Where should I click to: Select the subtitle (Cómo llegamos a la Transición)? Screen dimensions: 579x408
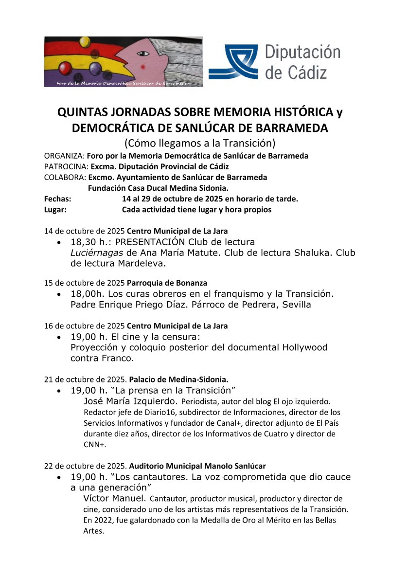(x=200, y=143)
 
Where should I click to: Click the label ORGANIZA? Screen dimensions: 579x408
(x=64, y=156)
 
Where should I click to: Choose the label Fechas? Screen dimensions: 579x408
(x=57, y=199)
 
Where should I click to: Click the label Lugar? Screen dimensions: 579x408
(x=55, y=210)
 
